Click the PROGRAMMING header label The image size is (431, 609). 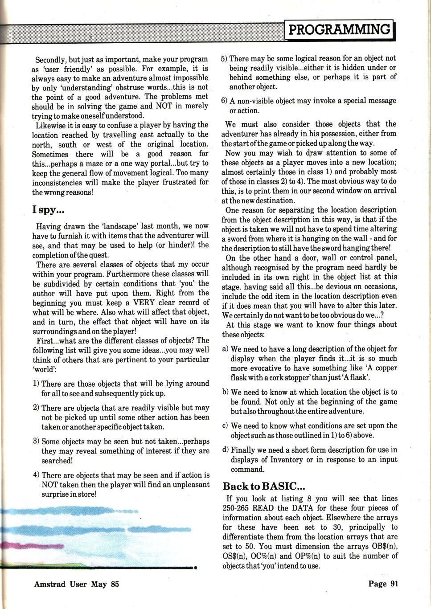340,30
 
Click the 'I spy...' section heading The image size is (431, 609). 48,209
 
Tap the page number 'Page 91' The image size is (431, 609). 383,584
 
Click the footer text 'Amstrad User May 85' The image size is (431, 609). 77,584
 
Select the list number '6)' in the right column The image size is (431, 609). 224,101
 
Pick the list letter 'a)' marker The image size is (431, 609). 226,349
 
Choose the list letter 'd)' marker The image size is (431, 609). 226,450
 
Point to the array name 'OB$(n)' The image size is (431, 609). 384,547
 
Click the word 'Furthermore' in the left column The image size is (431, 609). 126,274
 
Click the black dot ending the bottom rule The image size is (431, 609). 195,568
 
